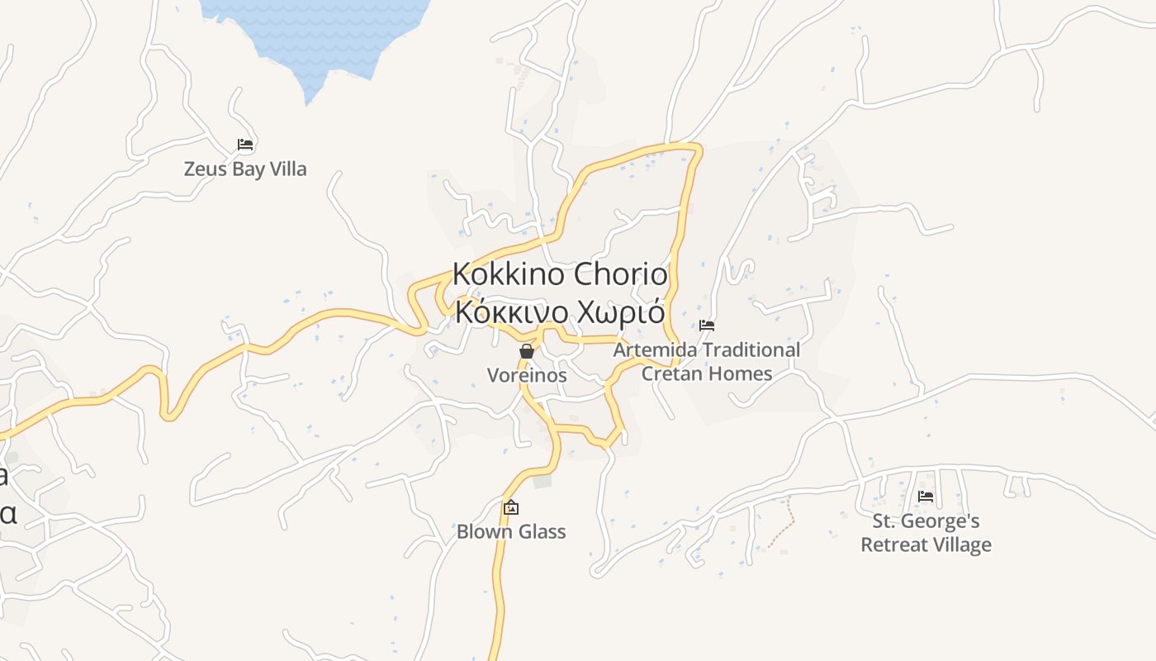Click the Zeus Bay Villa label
[244, 169]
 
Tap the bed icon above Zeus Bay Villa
[244, 145]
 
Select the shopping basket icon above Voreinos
[527, 351]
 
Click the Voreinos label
[527, 375]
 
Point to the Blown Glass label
[511, 531]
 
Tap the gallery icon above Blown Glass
[511, 507]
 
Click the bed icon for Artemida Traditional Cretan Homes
[707, 326]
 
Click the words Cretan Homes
[707, 373]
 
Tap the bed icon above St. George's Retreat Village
[926, 497]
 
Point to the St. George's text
[926, 521]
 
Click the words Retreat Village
[926, 545]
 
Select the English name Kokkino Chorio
[560, 273]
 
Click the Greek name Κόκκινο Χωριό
[560, 312]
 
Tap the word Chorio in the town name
[620, 273]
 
